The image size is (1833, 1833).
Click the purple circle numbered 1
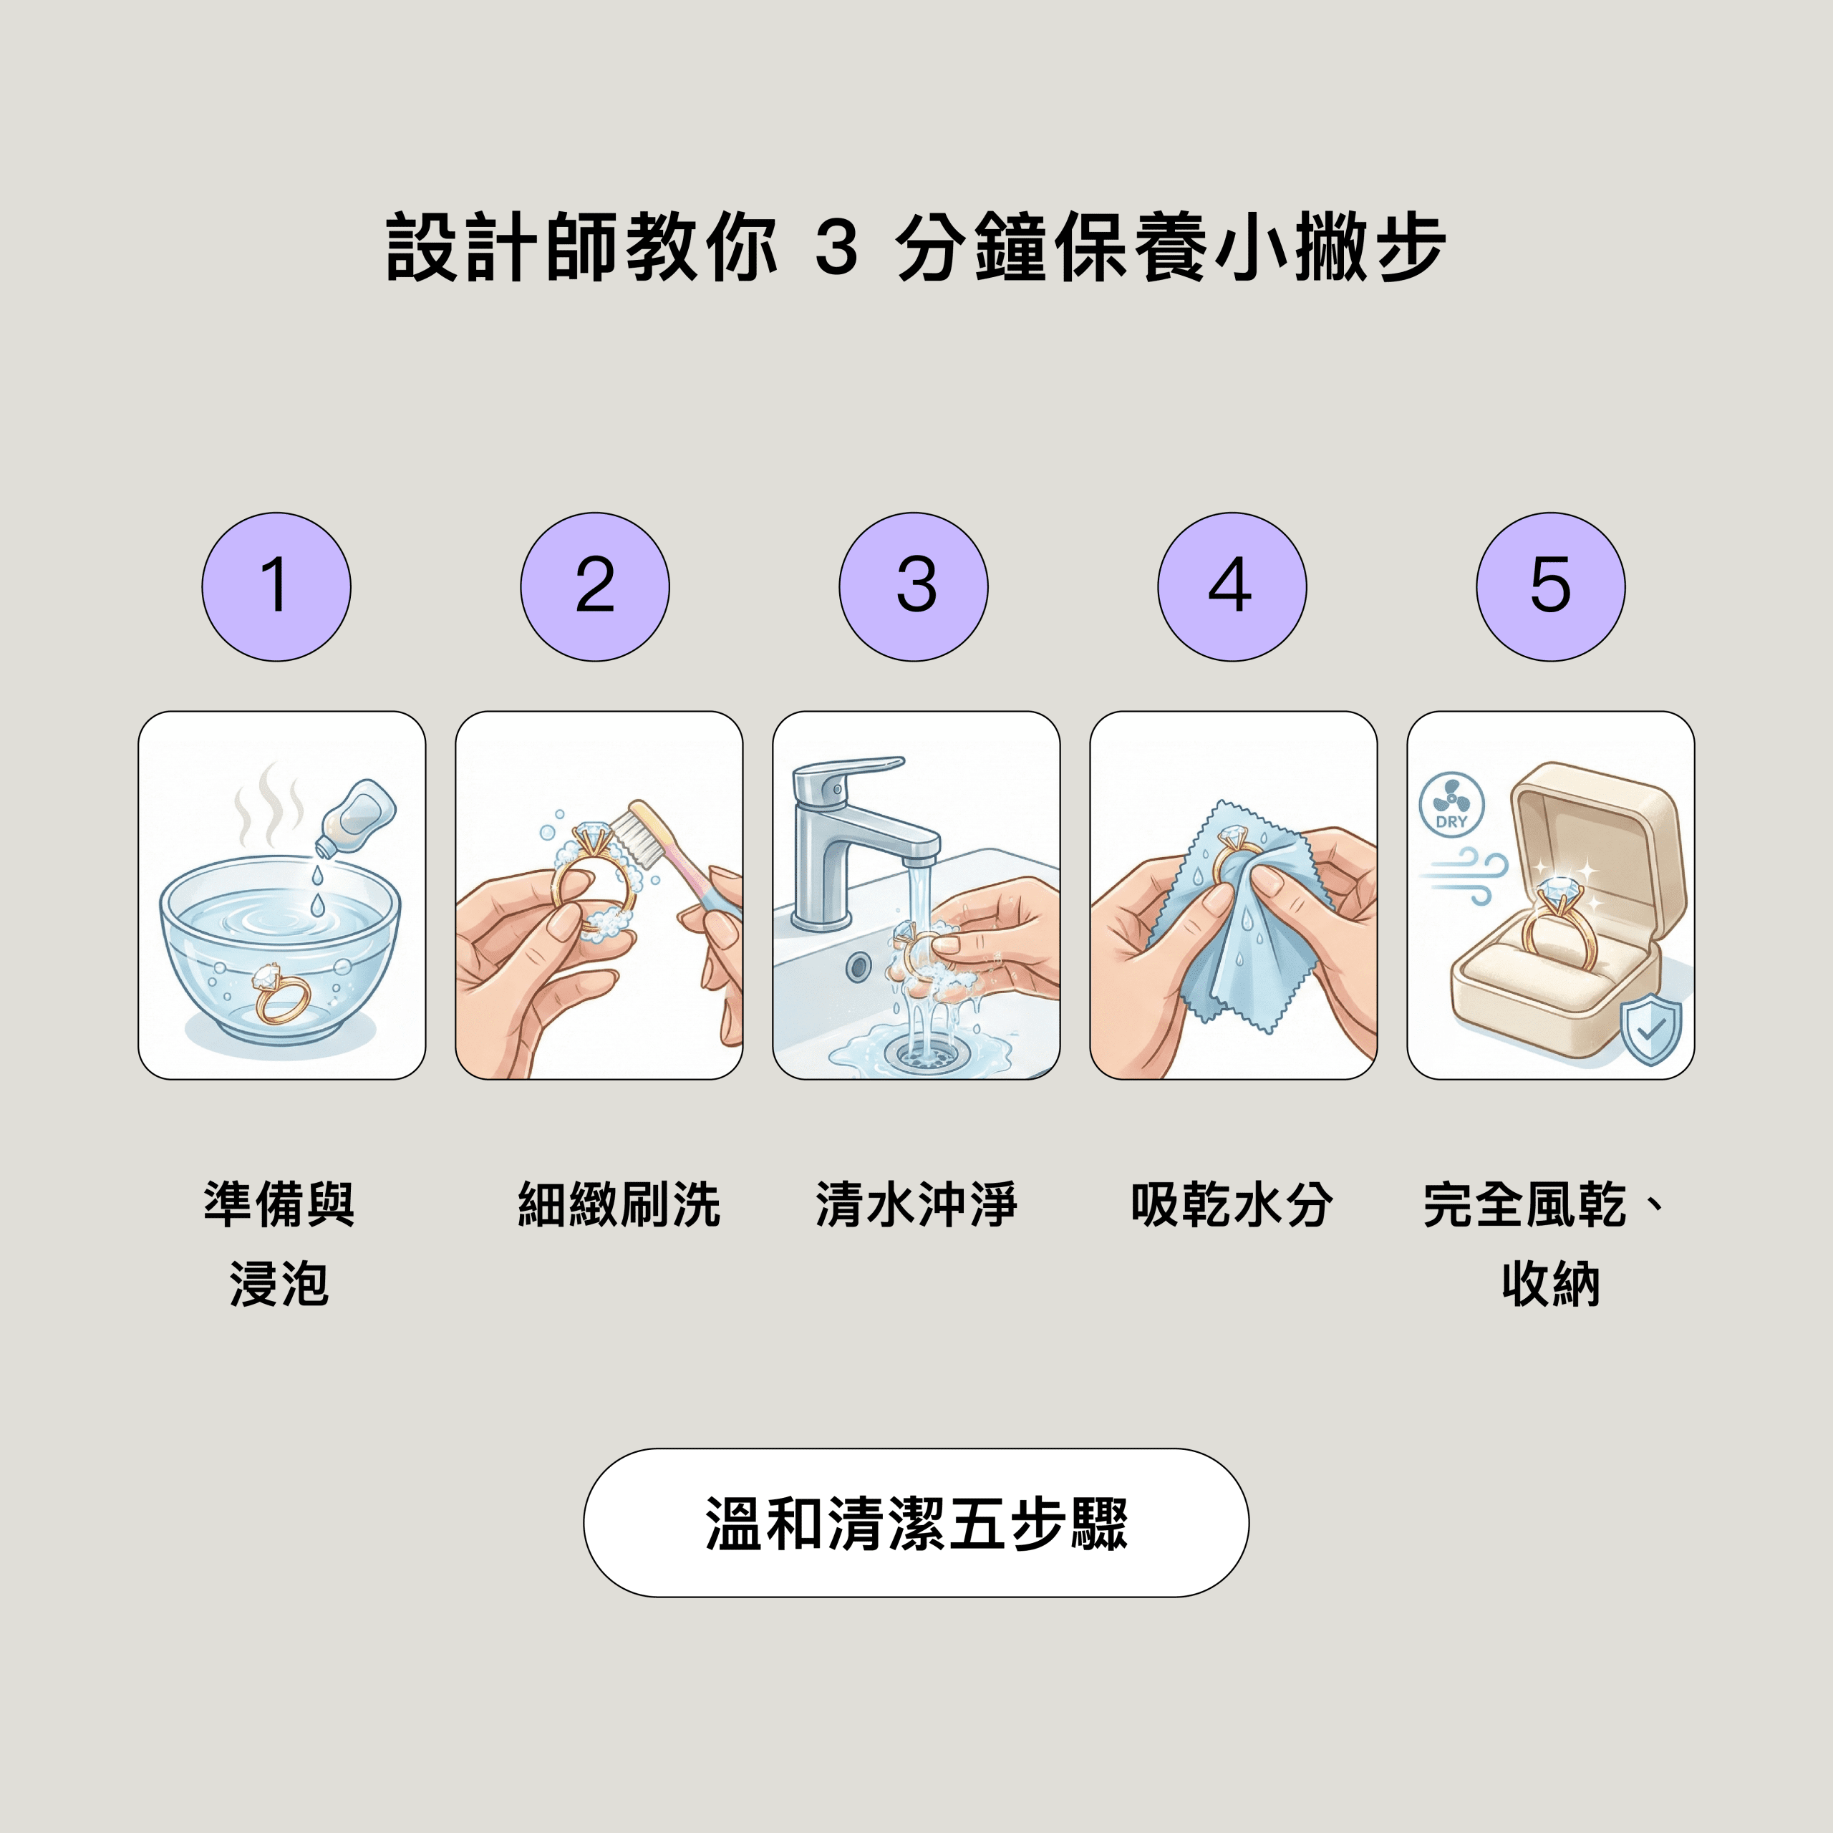click(276, 587)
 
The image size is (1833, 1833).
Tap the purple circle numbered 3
click(914, 587)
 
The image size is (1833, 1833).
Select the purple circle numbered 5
click(1550, 587)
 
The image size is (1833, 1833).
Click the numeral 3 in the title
click(837, 247)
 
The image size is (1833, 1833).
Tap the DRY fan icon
click(1451, 803)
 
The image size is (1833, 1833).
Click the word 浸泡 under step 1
click(279, 1285)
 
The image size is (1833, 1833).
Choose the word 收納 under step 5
click(1551, 1285)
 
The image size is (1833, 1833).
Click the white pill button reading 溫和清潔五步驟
click(916, 1523)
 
